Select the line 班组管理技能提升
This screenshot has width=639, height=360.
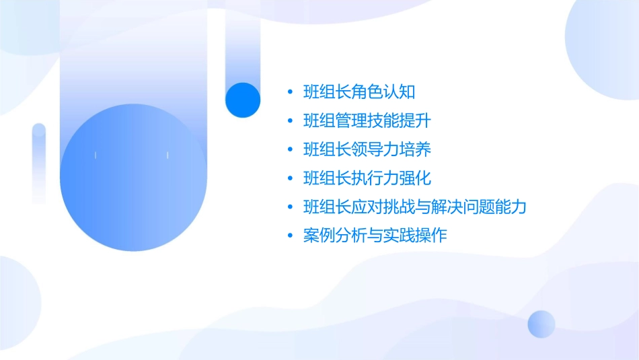click(367, 121)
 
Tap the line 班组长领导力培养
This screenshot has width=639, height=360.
click(367, 149)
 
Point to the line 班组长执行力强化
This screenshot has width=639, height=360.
click(367, 178)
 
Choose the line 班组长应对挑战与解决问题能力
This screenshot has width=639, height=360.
click(414, 207)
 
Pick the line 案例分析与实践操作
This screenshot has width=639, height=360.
click(375, 236)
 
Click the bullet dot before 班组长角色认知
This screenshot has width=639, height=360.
click(290, 92)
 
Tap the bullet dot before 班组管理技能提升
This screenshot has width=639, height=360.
click(290, 122)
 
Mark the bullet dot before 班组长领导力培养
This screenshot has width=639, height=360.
click(290, 150)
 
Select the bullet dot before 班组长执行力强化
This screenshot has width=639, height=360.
click(290, 179)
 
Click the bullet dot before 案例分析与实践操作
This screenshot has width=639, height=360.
click(290, 237)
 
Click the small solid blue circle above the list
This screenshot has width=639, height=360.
click(242, 100)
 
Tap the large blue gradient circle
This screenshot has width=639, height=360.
click(132, 178)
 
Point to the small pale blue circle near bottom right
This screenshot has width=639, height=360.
click(541, 324)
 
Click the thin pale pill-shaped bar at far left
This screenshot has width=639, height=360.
click(39, 164)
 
